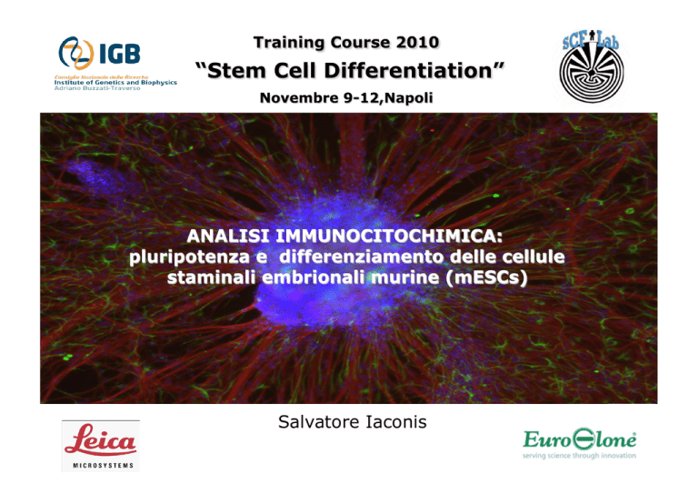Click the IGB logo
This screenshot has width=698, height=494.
(115, 63)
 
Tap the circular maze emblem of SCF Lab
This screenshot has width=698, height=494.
(592, 72)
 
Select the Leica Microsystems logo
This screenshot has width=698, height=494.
(101, 446)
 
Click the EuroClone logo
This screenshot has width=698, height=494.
(580, 444)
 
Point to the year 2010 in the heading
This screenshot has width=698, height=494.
(417, 43)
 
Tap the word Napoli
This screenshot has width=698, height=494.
(409, 97)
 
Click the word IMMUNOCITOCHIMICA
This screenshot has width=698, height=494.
(389, 236)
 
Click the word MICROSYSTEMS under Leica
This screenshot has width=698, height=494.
(104, 466)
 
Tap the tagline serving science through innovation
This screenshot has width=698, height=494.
(579, 455)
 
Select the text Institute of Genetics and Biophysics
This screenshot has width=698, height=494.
(115, 83)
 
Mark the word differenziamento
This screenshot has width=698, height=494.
(362, 257)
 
